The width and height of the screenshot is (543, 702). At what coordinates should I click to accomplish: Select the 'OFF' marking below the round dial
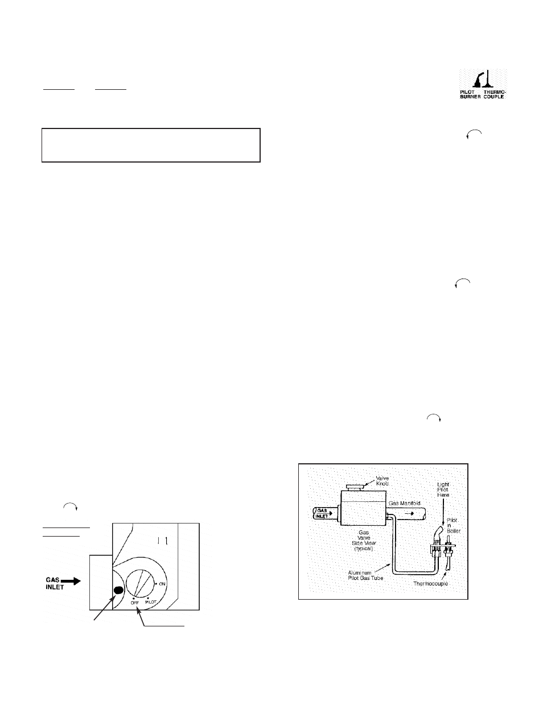[x=135, y=603]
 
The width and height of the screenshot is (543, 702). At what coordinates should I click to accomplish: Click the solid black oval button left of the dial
[x=118, y=590]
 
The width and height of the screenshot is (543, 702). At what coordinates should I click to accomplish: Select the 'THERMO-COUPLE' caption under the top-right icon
[x=493, y=94]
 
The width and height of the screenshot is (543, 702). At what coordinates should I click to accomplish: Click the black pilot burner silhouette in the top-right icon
[x=473, y=80]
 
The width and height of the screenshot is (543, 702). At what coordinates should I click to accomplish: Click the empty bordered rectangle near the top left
[x=151, y=145]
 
